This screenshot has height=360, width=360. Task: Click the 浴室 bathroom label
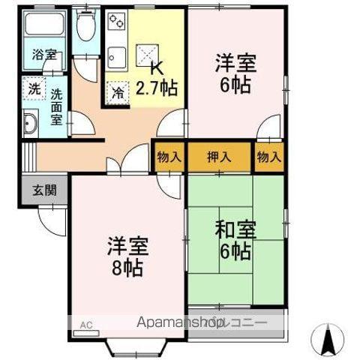click(43, 55)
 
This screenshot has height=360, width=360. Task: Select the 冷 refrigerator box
click(118, 93)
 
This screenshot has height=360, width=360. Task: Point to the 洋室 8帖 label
click(127, 256)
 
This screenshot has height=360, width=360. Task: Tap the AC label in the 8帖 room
click(85, 325)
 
